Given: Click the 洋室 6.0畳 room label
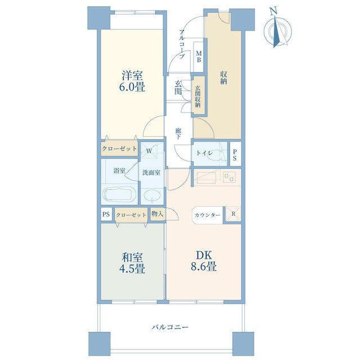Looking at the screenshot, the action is click(133, 81).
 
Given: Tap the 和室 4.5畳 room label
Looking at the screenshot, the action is click(133, 263).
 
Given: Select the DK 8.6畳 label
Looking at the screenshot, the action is click(204, 261).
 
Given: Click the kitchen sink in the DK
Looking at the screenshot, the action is click(206, 177).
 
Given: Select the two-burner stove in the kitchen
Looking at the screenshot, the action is click(229, 177).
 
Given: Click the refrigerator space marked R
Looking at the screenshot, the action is click(233, 214).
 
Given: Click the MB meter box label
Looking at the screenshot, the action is click(199, 57).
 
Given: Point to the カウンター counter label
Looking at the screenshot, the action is click(208, 215).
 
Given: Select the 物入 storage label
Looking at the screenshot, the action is click(157, 214).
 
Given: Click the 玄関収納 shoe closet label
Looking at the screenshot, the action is click(197, 97).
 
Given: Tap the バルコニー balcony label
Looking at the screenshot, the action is click(170, 327).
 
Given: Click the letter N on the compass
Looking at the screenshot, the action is click(273, 11).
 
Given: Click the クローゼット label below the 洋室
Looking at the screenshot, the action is click(119, 148).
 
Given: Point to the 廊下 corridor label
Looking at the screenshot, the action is click(178, 134).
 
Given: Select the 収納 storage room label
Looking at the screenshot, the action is click(224, 78).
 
